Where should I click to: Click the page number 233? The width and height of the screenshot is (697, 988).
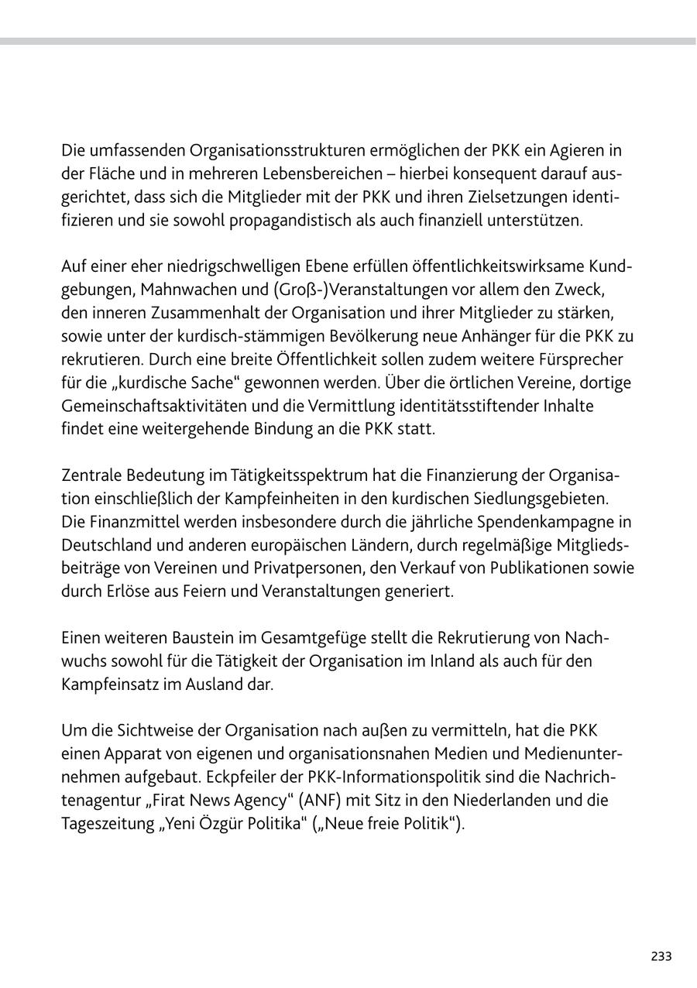[661, 956]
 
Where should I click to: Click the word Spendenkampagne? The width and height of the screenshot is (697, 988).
[555, 521]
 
